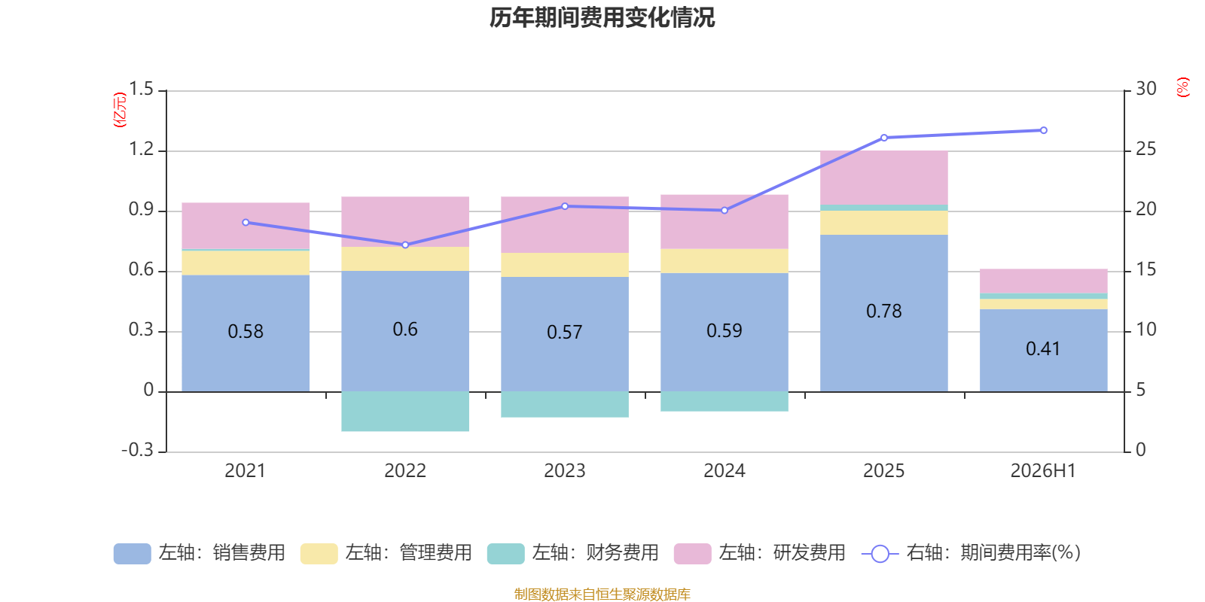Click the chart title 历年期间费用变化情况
[x=602, y=18]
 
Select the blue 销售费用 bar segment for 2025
[x=884, y=313]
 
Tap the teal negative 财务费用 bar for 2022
[x=405, y=411]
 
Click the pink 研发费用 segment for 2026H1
[x=1044, y=281]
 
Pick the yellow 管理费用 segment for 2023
[x=565, y=265]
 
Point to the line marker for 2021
[x=246, y=223]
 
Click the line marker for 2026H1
[x=1044, y=131]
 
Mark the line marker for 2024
[x=725, y=211]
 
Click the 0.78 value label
[x=884, y=312]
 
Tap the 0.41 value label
[x=1043, y=349]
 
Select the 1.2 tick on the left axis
[x=142, y=149]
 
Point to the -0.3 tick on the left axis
[x=138, y=450]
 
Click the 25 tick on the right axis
[x=1146, y=149]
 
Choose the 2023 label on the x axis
[x=565, y=471]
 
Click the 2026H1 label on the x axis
[x=1043, y=471]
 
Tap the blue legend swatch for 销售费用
[x=133, y=554]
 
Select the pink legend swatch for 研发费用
[x=693, y=554]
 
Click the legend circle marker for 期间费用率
[x=880, y=554]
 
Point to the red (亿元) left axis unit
[x=120, y=110]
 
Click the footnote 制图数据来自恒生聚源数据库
[x=602, y=594]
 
